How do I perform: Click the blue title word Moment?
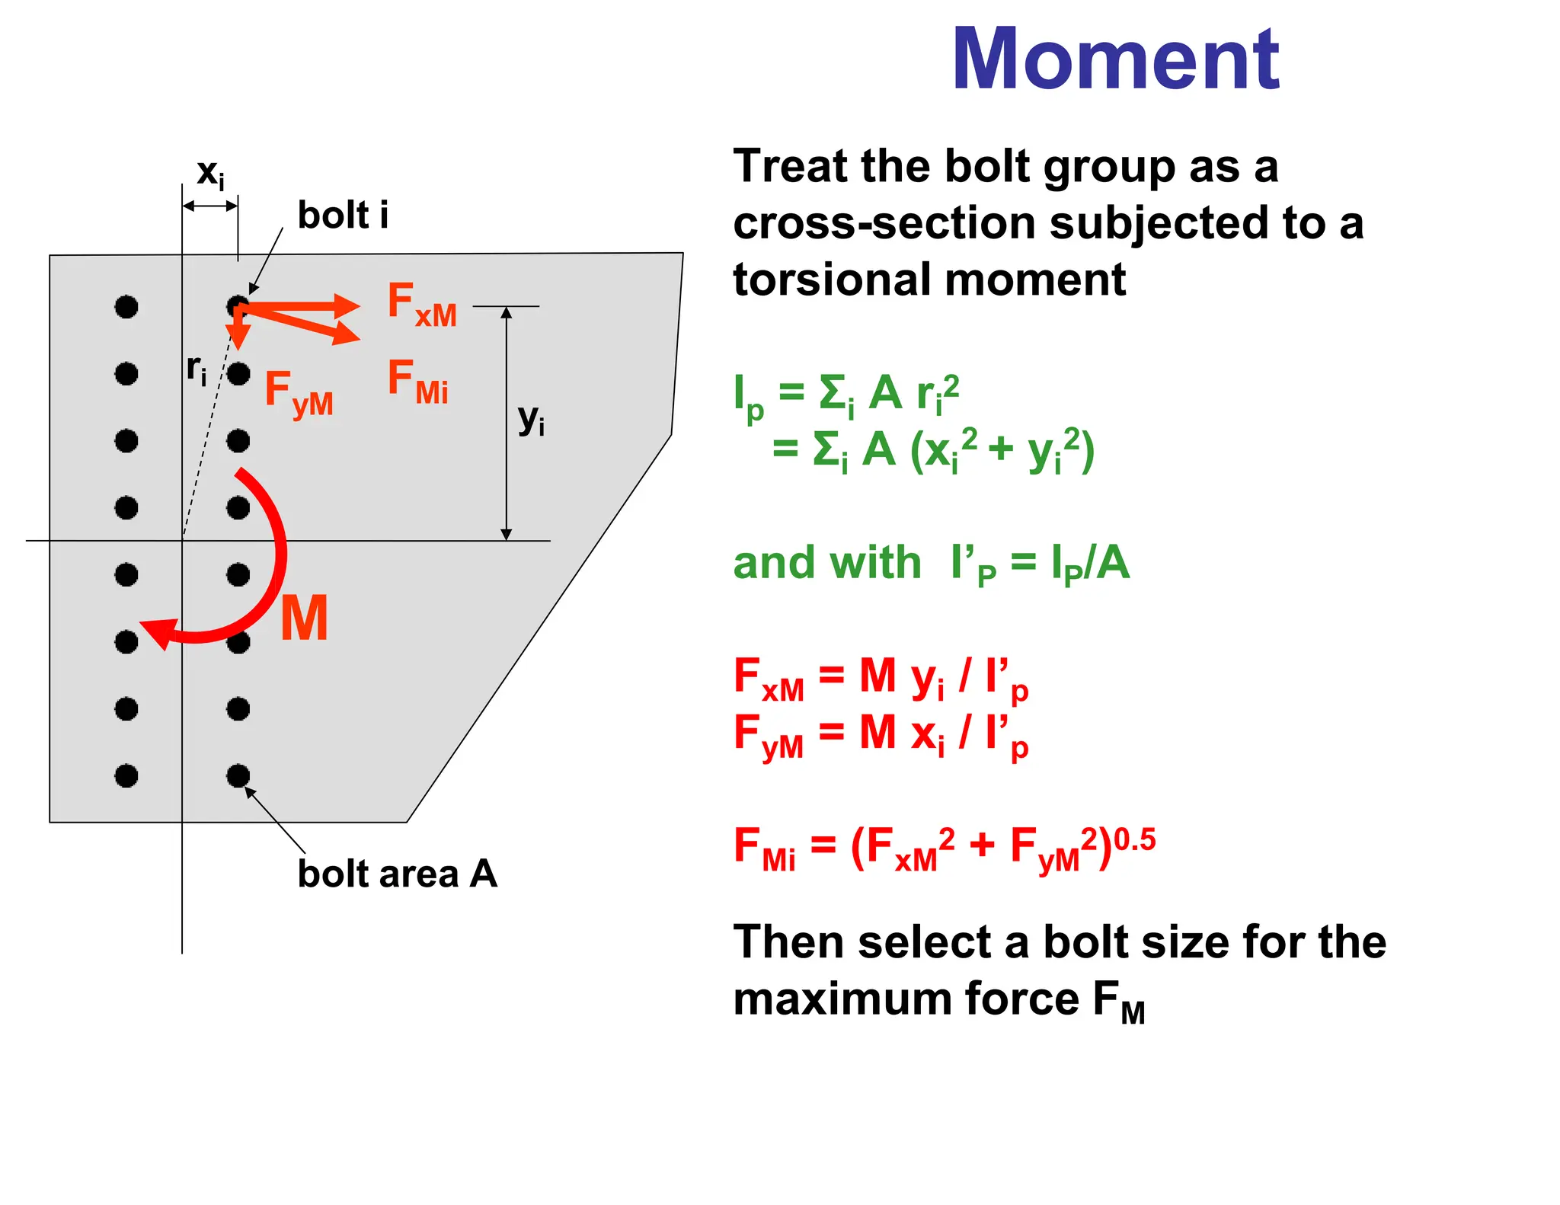[x=1115, y=59]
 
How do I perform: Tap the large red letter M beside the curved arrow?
[x=304, y=618]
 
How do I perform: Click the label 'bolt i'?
[x=343, y=215]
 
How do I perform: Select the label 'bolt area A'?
[x=397, y=874]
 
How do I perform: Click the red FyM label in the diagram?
[x=299, y=393]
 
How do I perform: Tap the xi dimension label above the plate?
[x=210, y=174]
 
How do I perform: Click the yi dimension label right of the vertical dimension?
[x=531, y=420]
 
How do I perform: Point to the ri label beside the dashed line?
[x=197, y=369]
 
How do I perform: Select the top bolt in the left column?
[x=126, y=307]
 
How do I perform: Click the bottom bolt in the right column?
[x=238, y=776]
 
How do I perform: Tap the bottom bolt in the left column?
[x=126, y=776]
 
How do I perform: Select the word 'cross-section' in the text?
[x=884, y=223]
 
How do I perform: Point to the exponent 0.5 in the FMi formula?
[x=1134, y=840]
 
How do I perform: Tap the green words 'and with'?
[x=826, y=563]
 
